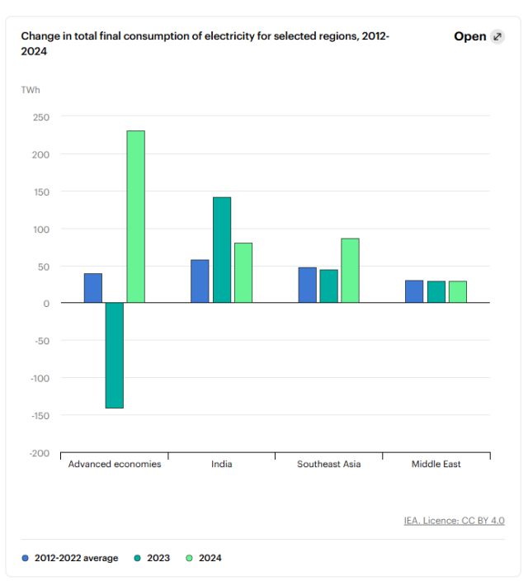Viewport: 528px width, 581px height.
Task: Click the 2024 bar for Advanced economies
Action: (135, 216)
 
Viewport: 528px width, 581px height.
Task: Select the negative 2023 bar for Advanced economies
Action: (115, 355)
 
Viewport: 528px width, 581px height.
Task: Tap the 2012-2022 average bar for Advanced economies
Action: (93, 288)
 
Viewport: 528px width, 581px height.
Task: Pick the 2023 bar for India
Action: (221, 250)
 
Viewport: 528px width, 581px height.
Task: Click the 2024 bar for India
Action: (243, 272)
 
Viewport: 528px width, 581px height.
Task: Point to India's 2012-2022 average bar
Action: (200, 281)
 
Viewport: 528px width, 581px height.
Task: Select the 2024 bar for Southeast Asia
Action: (350, 270)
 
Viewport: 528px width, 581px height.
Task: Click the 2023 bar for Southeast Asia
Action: (328, 286)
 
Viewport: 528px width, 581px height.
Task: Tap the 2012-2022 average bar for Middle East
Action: (414, 291)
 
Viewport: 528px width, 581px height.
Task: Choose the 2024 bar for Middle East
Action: (457, 291)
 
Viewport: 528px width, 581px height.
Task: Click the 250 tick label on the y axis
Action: (41, 117)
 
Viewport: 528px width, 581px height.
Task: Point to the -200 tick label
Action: (40, 453)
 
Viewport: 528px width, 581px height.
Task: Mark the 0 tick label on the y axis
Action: (46, 303)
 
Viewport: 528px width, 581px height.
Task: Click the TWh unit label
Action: (31, 89)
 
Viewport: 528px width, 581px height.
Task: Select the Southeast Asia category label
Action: (328, 464)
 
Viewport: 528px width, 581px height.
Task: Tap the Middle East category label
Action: (436, 464)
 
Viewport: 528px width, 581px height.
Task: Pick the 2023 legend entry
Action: (153, 558)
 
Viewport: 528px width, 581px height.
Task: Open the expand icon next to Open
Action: (497, 36)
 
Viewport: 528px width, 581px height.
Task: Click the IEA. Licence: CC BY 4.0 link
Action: (454, 520)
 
